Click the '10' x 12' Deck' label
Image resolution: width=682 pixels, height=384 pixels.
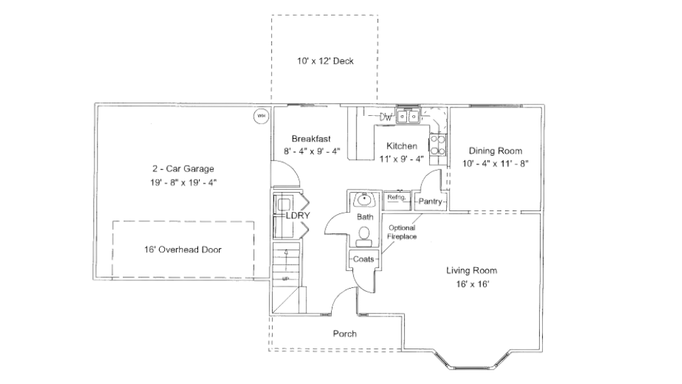325,61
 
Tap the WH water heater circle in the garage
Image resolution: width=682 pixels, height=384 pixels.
260,115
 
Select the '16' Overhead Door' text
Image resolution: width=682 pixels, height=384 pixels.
183,250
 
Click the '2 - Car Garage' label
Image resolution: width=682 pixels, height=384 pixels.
183,169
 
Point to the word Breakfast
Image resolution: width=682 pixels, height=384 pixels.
311,138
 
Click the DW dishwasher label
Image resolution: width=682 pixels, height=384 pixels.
386,117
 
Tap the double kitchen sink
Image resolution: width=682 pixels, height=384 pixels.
408,116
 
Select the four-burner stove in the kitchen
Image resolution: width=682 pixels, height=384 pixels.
437,145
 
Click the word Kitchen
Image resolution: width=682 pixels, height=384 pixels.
401,146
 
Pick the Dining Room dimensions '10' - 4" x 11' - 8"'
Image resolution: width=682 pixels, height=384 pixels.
495,163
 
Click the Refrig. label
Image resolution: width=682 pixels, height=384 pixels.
396,198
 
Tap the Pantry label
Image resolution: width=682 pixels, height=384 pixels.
431,202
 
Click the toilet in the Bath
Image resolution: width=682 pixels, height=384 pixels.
364,233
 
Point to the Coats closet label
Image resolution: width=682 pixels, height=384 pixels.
364,260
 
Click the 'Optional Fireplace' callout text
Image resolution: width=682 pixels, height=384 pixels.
401,232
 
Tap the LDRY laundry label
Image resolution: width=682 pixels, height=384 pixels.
296,215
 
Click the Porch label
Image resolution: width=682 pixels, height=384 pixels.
345,334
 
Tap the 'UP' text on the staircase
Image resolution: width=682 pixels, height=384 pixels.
286,279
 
